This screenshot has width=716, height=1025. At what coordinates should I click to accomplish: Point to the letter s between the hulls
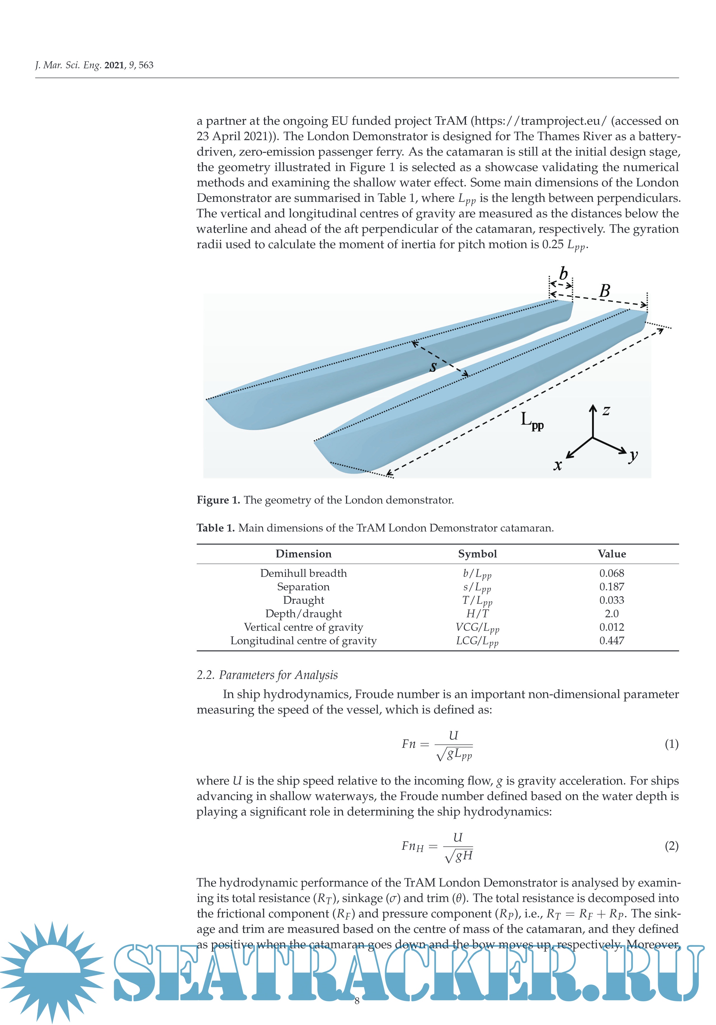(x=432, y=367)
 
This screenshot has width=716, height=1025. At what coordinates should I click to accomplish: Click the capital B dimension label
(x=604, y=291)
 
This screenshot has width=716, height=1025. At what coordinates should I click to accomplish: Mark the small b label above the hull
(x=563, y=273)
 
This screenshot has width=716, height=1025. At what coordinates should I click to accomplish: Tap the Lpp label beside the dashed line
(x=531, y=420)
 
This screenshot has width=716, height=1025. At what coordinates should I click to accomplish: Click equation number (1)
(x=671, y=744)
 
